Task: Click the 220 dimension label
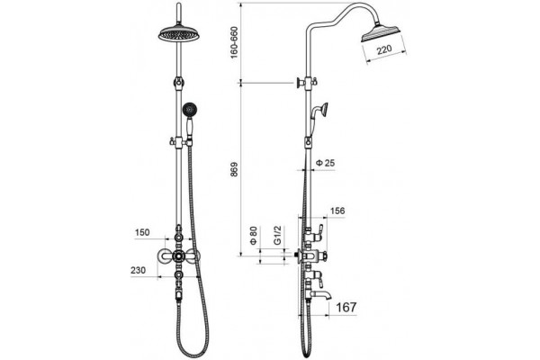(x=384, y=49)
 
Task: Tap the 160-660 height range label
(x=234, y=42)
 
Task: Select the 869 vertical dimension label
(x=234, y=169)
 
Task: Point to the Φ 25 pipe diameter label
(x=325, y=163)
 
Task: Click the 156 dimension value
(x=337, y=211)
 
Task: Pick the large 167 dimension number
(x=346, y=307)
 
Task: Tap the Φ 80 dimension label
(x=254, y=235)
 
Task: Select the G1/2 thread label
(x=277, y=235)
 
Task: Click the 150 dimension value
(x=142, y=232)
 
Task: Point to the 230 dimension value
(x=138, y=270)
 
